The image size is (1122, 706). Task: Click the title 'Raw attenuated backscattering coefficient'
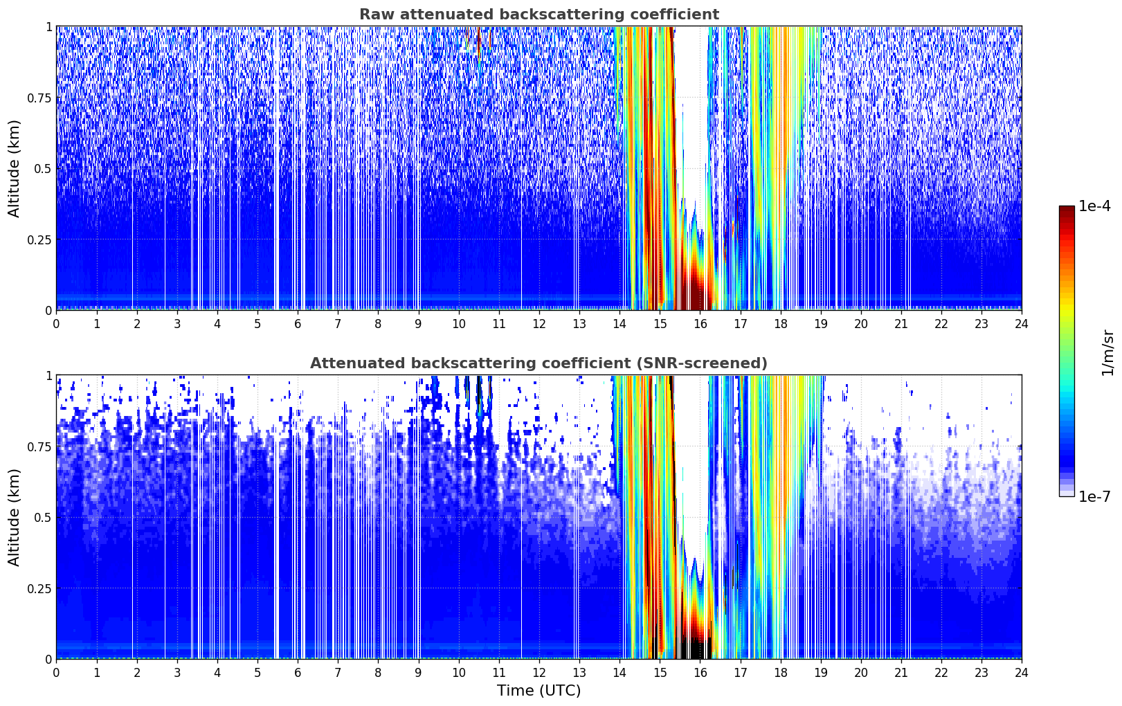tap(539, 15)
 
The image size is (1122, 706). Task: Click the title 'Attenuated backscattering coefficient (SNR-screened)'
tap(539, 363)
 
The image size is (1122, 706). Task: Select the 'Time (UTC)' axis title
tap(539, 690)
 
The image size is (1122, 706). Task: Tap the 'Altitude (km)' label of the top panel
tap(15, 168)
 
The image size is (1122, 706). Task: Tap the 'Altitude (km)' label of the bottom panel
tap(15, 517)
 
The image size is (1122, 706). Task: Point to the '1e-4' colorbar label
tap(1094, 206)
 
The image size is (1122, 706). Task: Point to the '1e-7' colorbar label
tap(1094, 496)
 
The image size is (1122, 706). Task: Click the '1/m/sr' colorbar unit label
tap(1107, 352)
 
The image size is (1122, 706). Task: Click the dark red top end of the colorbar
tap(1067, 209)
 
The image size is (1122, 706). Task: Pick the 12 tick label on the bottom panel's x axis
tap(539, 673)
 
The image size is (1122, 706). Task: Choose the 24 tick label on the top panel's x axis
tap(1022, 324)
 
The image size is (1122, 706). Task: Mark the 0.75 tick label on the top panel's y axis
tap(39, 98)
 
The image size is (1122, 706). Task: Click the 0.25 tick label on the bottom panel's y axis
tap(39, 588)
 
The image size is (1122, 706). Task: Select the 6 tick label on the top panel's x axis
tap(298, 324)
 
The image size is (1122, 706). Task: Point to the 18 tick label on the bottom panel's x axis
tap(780, 673)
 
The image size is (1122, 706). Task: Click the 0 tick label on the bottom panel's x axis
tap(57, 673)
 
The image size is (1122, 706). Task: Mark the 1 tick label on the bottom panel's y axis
tap(49, 376)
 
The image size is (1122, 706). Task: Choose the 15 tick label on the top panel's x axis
tap(660, 324)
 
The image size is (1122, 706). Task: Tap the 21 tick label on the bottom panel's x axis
tap(901, 673)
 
